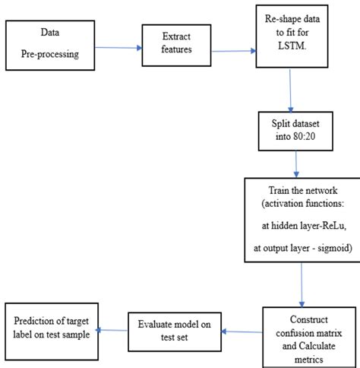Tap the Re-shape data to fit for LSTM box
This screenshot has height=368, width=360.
coord(289,42)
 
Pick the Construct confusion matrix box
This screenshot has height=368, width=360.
coord(308,328)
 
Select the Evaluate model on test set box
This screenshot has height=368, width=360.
coord(175,328)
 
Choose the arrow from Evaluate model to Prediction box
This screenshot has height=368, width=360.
coord(112,329)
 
